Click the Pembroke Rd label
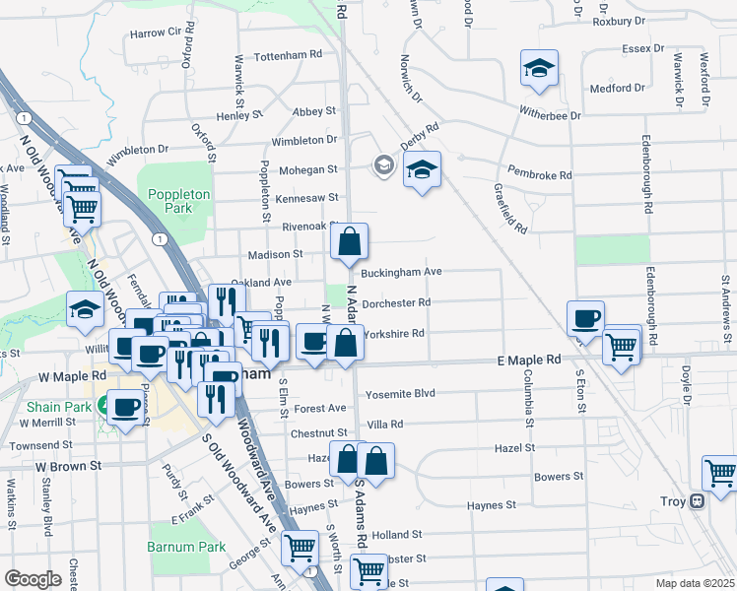click(539, 175)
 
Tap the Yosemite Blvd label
click(400, 393)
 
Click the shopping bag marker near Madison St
click(350, 241)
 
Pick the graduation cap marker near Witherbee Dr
click(539, 68)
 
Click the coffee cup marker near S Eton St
click(585, 318)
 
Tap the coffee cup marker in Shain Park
click(125, 407)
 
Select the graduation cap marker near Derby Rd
click(422, 169)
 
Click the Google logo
click(32, 579)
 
